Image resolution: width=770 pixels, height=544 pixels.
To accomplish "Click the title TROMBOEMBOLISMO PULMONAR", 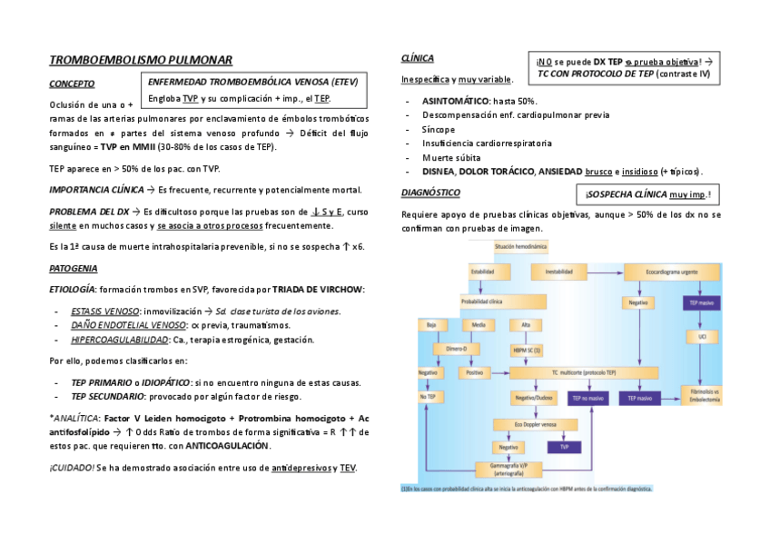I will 141,59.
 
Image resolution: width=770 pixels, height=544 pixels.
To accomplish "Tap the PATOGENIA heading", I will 73,269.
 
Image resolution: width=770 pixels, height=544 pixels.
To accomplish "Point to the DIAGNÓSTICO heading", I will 429,193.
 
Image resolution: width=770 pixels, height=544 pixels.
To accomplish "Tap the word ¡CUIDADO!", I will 71,468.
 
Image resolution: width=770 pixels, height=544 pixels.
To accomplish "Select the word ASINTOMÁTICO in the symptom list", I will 455,101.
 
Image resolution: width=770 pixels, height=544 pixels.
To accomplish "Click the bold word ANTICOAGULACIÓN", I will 228,446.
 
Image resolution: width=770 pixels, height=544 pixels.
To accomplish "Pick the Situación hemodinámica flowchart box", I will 521,247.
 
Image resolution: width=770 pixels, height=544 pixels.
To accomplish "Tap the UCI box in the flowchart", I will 703,335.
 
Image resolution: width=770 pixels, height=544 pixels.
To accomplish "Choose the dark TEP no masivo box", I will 588,398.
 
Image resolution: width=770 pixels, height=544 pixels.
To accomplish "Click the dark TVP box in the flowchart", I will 564,447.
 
